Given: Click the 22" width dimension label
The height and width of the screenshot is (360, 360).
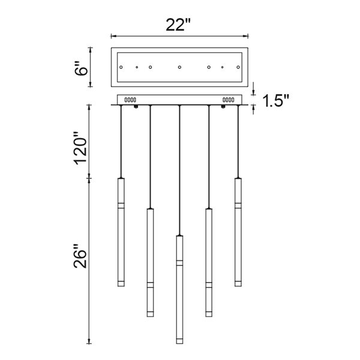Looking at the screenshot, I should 179,26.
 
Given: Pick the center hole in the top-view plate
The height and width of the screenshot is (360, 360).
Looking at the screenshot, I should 179,67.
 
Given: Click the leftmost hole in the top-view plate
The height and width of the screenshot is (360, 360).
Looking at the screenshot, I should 121,67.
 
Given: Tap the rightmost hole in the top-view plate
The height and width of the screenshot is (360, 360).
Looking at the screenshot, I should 237,67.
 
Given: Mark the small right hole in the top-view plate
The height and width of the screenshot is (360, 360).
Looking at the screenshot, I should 223,67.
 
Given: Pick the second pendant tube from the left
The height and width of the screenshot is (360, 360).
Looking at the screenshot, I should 150,261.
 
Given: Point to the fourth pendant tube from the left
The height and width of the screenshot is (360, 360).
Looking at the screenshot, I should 208,261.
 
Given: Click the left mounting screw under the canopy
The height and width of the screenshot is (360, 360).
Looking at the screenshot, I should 137,107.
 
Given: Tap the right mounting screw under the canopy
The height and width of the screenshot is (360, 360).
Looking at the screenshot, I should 223,107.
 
